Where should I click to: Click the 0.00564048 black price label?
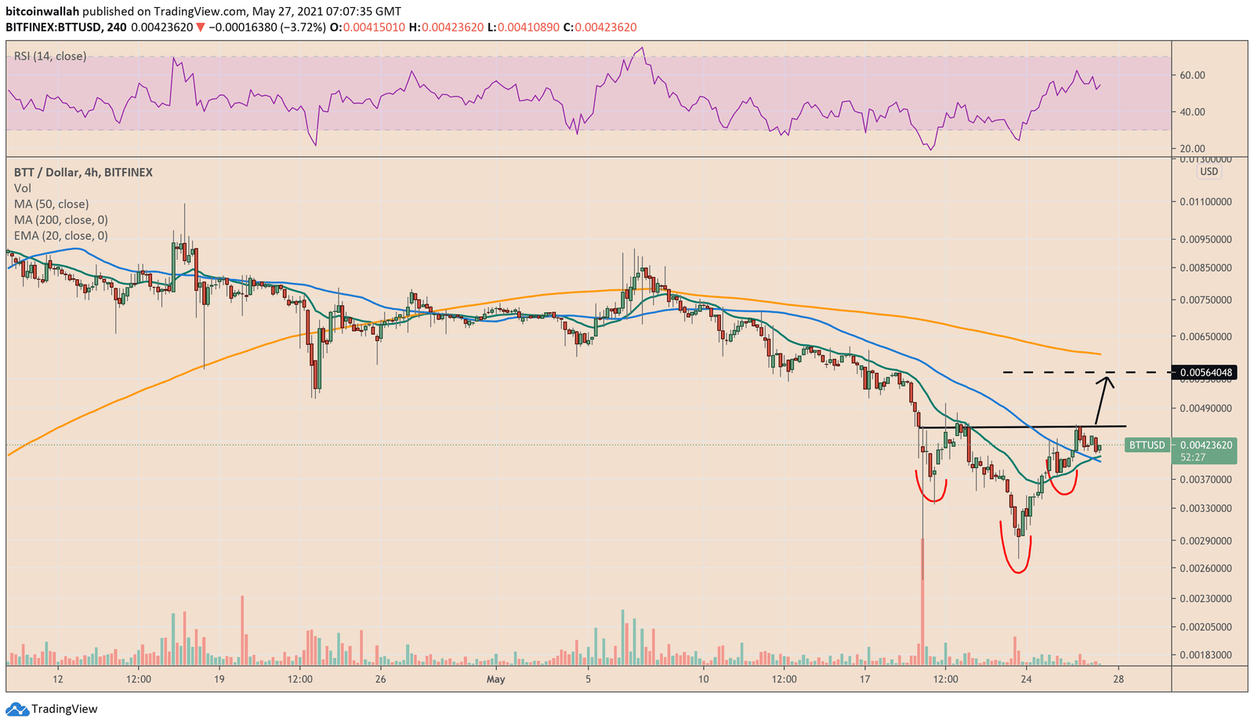[1204, 372]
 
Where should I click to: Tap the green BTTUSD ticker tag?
[1147, 445]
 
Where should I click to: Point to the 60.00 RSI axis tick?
[1192, 75]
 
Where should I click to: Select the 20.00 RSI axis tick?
[1192, 149]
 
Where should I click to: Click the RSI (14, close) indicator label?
[50, 56]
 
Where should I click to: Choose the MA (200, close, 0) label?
[61, 220]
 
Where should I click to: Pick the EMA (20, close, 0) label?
[61, 236]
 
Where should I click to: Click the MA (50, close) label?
[52, 205]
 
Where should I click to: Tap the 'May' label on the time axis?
[495, 679]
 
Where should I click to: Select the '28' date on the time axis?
[1118, 679]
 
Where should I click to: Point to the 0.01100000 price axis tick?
[1205, 201]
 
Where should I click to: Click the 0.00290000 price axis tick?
[1205, 541]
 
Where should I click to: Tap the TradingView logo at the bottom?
[53, 710]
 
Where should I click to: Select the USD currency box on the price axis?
[1209, 172]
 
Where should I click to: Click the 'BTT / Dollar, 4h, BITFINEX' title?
[83, 172]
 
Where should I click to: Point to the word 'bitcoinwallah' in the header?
[42, 12]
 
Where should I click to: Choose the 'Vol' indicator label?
[23, 188]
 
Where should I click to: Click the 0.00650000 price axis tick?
[1205, 337]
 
